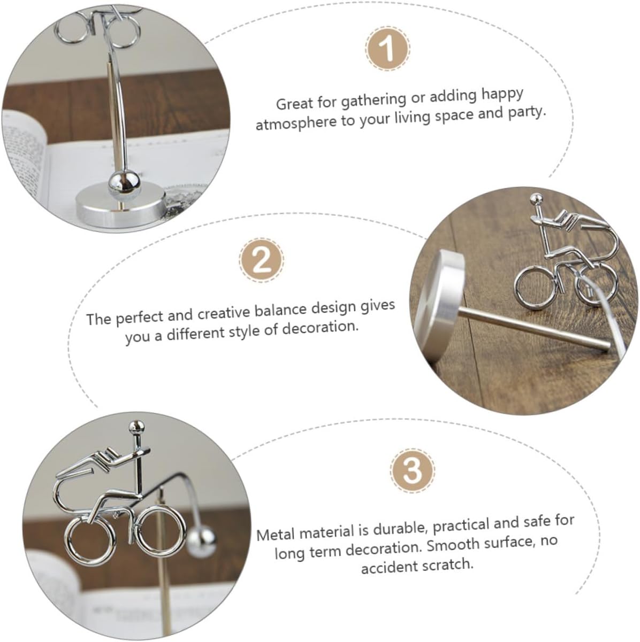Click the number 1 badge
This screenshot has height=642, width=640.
pos(388,49)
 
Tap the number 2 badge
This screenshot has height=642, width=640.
pos(262,260)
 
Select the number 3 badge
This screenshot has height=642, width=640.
pos(413,470)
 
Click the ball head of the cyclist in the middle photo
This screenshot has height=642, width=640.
pos(536,199)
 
